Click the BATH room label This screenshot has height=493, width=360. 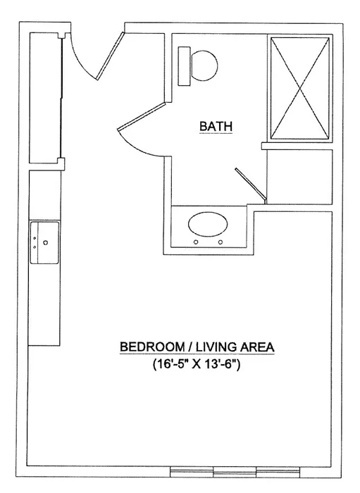pos(216,126)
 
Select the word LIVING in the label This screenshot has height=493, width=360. pos(217,347)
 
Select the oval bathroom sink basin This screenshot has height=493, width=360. pos(208,225)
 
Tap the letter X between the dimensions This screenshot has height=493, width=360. pos(199,366)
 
